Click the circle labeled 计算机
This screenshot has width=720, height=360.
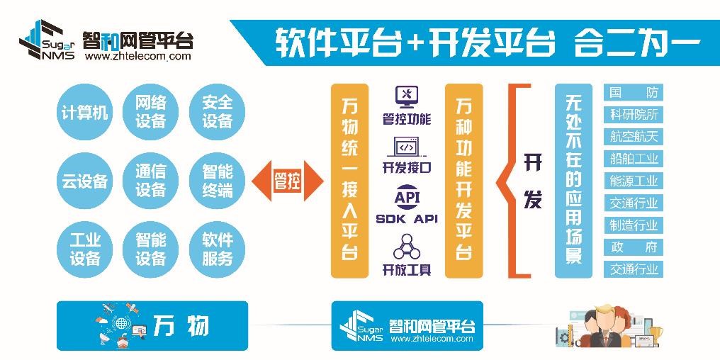[84, 113]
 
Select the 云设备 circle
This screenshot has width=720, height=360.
[84, 181]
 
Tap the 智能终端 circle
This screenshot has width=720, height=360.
[217, 181]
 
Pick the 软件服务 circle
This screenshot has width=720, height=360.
[217, 249]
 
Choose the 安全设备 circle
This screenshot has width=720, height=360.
[217, 113]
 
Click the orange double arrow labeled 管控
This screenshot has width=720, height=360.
[288, 181]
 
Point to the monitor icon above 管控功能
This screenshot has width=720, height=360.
[406, 96]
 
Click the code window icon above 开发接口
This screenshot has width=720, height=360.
[406, 147]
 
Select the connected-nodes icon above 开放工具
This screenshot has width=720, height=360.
[406, 246]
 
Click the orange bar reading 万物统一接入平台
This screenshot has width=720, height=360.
[349, 181]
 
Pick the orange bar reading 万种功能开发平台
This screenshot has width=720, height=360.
[463, 181]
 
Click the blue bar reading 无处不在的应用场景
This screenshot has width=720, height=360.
[573, 181]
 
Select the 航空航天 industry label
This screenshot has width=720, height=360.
[634, 136]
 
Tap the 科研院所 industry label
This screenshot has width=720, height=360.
[634, 114]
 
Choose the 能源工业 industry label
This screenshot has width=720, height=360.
[634, 181]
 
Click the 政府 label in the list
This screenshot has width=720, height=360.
[634, 247]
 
